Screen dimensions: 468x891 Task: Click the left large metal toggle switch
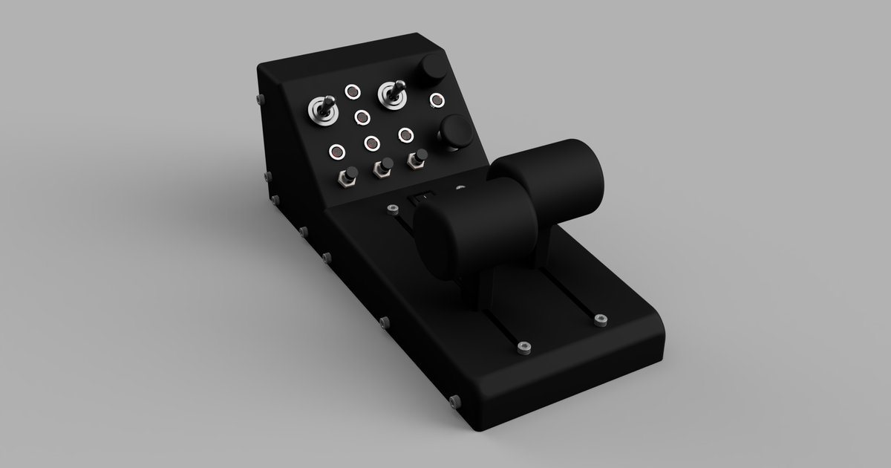(x=324, y=110)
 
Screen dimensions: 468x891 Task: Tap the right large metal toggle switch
(x=392, y=94)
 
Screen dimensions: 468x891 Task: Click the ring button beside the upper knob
(x=437, y=100)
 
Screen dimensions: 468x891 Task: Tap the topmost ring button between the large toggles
(x=352, y=92)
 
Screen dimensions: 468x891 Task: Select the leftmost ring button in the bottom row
(x=337, y=152)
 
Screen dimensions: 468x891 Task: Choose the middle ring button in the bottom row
(x=372, y=143)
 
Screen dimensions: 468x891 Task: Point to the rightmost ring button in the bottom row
(x=405, y=134)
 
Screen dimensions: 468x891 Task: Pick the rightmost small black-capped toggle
(x=417, y=159)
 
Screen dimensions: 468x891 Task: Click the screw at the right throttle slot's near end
(x=599, y=320)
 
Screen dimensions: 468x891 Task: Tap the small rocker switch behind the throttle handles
(x=420, y=198)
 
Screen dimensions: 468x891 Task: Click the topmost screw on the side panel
(x=258, y=98)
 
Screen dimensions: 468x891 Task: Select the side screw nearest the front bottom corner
(x=454, y=402)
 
